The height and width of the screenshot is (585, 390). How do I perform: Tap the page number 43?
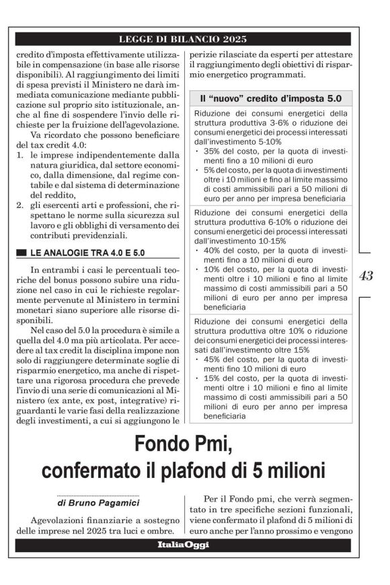(367, 275)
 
